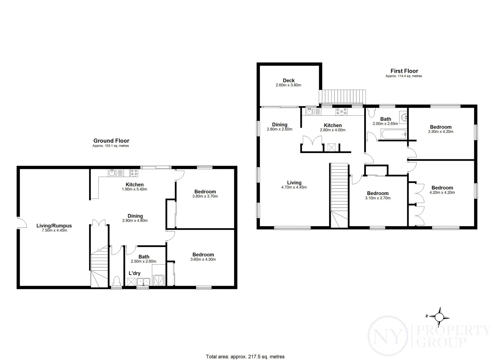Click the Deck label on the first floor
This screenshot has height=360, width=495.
[288, 80]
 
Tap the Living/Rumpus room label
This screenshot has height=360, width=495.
[54, 226]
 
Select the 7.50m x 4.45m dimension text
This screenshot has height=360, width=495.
[54, 230]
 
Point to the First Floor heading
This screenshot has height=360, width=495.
[404, 71]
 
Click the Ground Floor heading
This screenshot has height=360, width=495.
[111, 141]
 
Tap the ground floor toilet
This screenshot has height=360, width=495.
[116, 280]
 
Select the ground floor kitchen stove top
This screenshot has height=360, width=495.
[134, 173]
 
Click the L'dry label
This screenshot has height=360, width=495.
[134, 273]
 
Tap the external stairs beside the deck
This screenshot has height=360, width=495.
[343, 96]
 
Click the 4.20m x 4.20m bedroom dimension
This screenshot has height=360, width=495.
[442, 192]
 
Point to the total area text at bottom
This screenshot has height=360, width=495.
[245, 357]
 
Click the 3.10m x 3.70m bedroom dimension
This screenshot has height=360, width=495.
[378, 198]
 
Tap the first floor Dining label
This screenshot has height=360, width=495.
[279, 125]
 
